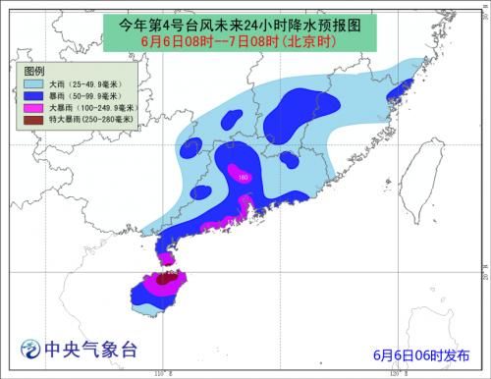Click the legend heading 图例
click(x=36, y=70)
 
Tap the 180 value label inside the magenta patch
click(x=243, y=177)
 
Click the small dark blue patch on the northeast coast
click(x=398, y=92)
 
